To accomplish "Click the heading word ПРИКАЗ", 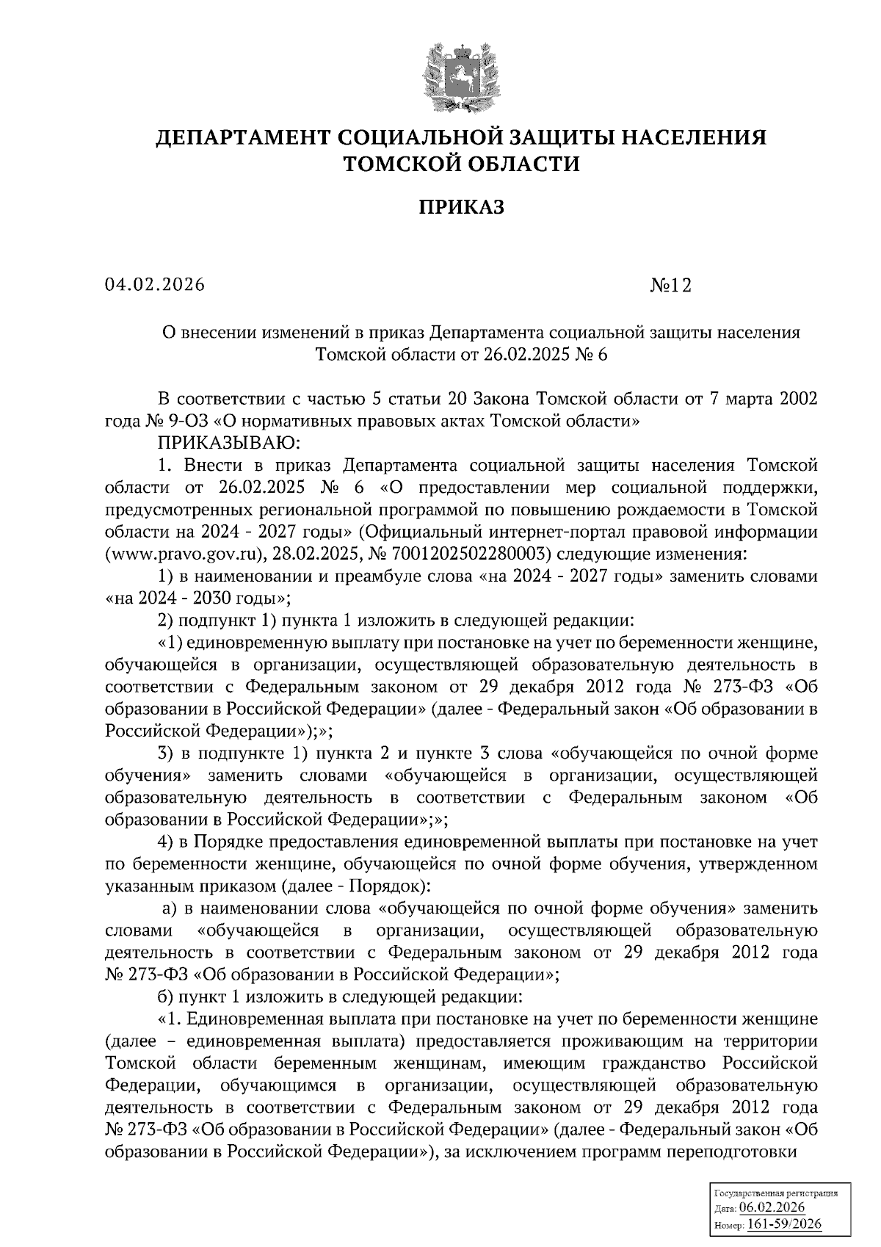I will (462, 208).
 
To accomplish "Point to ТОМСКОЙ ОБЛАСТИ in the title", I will (462, 165).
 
